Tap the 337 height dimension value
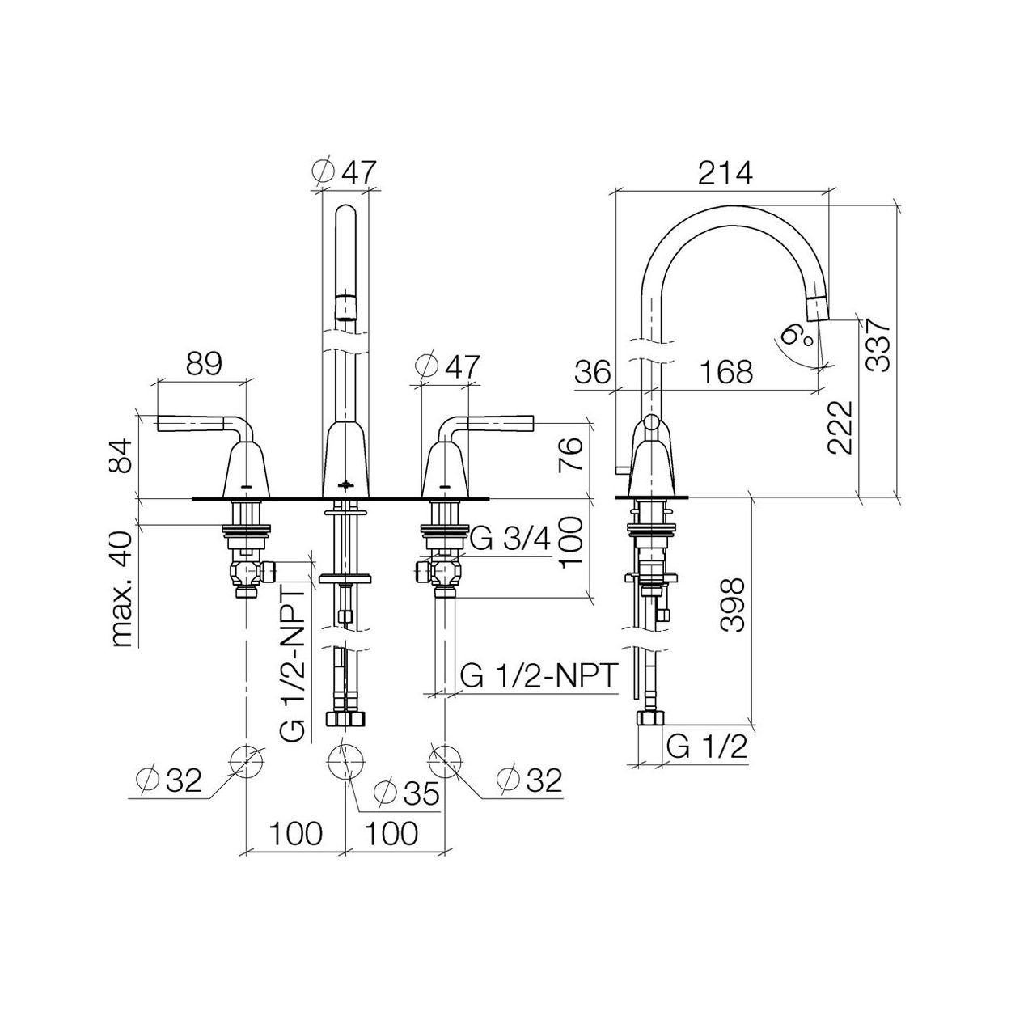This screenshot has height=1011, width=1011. point(878,347)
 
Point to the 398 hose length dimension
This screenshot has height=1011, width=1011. point(732,605)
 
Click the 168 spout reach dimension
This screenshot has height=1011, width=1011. point(726,371)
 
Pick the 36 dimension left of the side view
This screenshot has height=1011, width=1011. point(594,372)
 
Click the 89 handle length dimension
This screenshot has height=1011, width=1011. point(205,364)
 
